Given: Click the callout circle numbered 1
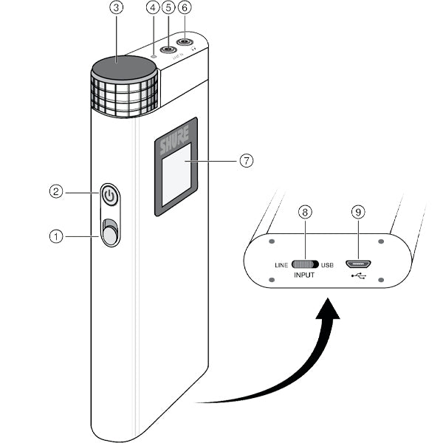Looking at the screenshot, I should pos(56,236).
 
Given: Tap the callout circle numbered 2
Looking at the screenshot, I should pos(56,190).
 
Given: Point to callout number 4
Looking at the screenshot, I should pos(154,8).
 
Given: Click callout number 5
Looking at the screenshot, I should pos(168,8).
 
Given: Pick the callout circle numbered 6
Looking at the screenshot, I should pos(185,8).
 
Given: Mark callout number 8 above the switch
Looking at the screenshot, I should pos(304,212).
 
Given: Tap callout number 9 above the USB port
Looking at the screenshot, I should pos(358,212).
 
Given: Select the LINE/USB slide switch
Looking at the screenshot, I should pos(305,264).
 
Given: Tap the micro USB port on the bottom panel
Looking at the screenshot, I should pos(359,263).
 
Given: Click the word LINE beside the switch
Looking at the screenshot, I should pos(281,264).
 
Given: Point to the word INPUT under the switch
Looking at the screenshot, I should pos(305,275).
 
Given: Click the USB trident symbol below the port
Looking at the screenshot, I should pos(359,277).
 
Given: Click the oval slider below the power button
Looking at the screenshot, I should pos(110,233).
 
